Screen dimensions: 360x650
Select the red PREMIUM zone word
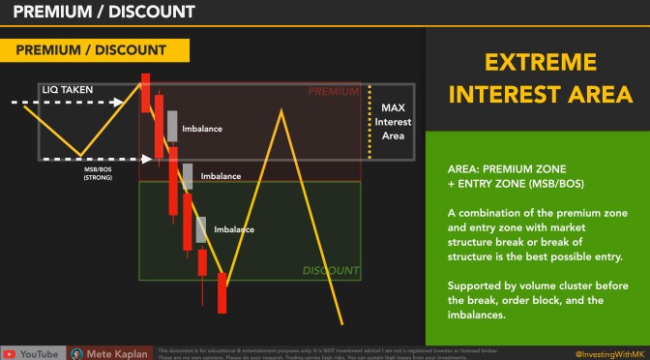click(x=333, y=92)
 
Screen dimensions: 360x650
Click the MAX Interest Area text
click(x=393, y=121)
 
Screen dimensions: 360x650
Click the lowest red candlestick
click(x=222, y=293)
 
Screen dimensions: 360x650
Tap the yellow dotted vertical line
click(x=369, y=121)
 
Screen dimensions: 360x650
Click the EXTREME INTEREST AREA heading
click(x=537, y=79)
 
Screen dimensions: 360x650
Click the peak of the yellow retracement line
click(x=281, y=110)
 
